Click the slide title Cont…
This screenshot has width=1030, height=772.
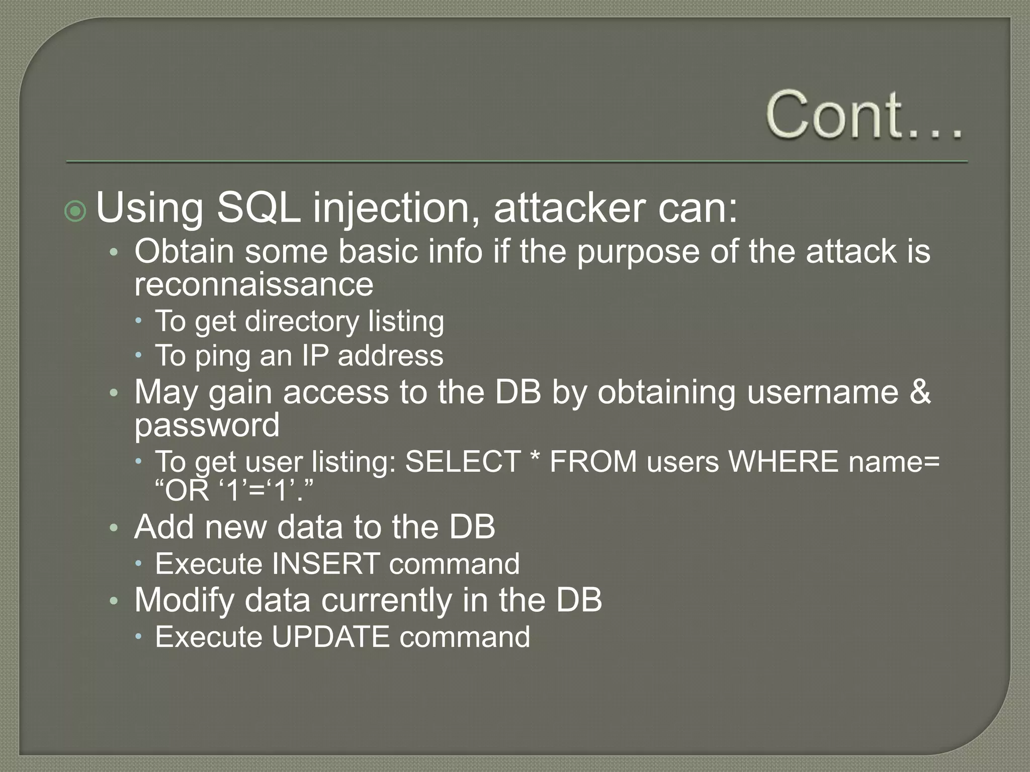[864, 115]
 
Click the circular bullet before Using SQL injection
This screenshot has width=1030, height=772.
[75, 211]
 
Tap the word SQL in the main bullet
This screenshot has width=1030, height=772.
[258, 208]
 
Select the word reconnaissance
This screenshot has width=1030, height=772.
[253, 284]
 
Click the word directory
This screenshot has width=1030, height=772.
[301, 321]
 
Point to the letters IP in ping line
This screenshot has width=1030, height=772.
[315, 356]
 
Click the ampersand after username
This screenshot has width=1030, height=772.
[920, 392]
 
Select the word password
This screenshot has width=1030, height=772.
[207, 425]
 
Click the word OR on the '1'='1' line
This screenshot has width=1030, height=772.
[187, 491]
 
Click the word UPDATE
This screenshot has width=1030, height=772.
[330, 637]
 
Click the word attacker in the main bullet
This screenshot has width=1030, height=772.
[569, 208]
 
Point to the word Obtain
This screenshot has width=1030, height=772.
[184, 251]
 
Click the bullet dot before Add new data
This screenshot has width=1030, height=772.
[114, 528]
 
